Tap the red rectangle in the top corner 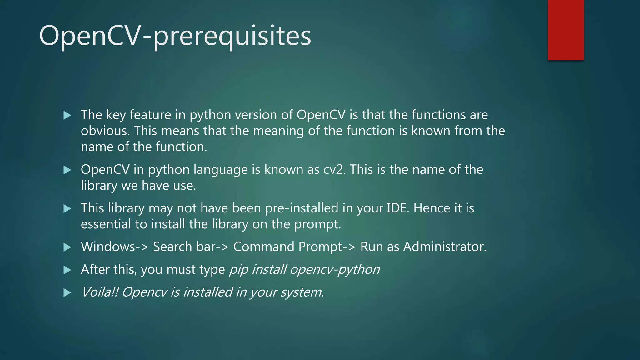pos(566,30)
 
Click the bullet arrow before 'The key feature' pos(67,116)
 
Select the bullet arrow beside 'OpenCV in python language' pos(67,170)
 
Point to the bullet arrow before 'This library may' pos(67,209)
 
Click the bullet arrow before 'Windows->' pos(67,247)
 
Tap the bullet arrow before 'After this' pos(67,270)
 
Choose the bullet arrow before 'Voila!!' pos(67,293)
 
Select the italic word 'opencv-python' pos(335,270)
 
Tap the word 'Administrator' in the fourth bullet pos(444,247)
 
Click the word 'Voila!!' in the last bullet pos(99,292)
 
